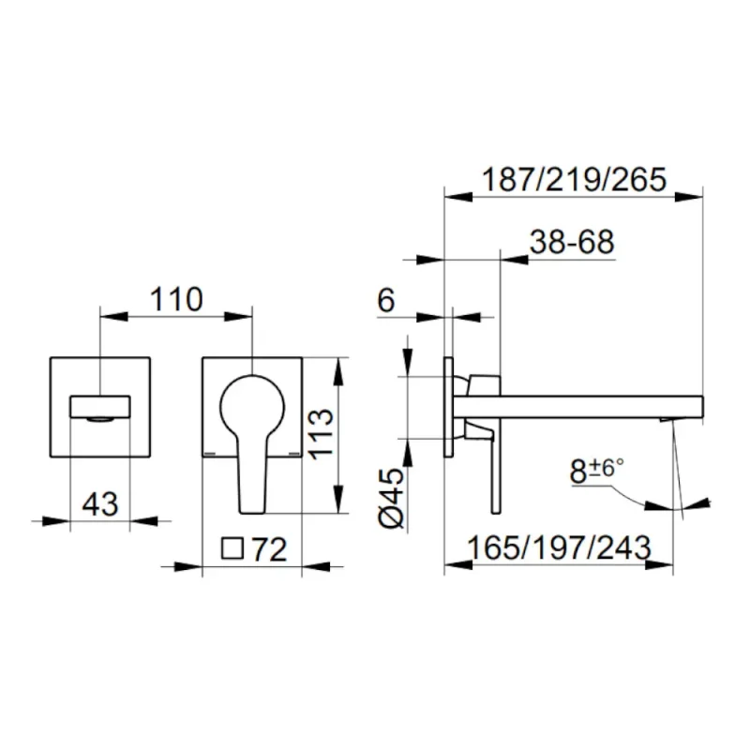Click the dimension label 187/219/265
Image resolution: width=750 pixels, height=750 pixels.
pos(574,180)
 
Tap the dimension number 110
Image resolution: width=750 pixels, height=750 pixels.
pos(176,299)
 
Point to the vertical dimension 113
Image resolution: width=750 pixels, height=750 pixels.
pos(320,434)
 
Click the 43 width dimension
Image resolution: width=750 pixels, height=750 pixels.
pos(100,503)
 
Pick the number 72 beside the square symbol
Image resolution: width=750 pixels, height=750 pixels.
pos(269,549)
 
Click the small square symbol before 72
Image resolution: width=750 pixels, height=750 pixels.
pos(232,548)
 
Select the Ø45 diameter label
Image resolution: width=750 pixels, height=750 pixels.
pos(391,498)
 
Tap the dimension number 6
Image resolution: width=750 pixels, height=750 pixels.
pos(386,300)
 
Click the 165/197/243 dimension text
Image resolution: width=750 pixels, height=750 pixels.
pos(559,547)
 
